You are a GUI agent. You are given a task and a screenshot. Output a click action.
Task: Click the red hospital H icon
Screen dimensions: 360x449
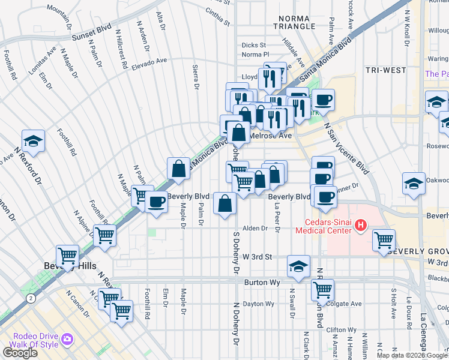pos(360,226)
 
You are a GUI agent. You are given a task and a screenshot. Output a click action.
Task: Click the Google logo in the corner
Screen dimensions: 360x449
pos(20,353)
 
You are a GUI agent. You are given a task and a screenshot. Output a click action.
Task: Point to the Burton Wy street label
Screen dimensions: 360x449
pos(259,281)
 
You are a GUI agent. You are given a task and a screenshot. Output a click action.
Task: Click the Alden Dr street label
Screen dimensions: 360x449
pos(255,229)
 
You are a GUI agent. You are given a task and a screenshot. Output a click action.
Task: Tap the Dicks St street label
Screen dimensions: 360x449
pos(253,45)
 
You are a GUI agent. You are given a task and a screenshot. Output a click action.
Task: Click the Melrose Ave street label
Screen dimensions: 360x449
pos(270,136)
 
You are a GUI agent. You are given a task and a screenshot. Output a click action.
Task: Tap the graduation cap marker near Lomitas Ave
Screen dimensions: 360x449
pos(34,142)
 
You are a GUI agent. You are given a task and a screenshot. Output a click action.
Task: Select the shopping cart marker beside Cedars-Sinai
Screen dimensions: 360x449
pos(384,240)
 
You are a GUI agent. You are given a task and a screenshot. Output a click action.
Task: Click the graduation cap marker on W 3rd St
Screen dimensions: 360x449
pos(298,266)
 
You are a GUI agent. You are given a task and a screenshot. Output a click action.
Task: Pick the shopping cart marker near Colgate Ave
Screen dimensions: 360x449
pos(322,290)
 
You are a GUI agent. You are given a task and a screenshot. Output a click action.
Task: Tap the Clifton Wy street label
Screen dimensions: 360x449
pos(341,330)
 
